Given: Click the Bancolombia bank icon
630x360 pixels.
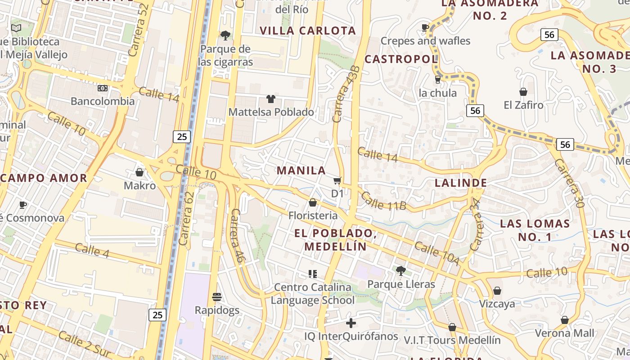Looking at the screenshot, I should [103, 88].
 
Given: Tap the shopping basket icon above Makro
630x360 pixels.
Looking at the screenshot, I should [139, 172].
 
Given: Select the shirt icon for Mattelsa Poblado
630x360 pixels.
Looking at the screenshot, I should [271, 99].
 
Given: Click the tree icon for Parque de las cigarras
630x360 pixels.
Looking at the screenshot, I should [225, 35].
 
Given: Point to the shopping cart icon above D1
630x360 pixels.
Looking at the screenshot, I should [337, 181].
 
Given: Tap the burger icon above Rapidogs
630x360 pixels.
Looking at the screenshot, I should [217, 297].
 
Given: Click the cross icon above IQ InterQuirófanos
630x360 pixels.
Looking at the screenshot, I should [351, 323].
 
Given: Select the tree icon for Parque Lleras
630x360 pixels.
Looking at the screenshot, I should [401, 271].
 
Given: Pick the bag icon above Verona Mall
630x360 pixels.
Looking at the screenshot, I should [565, 320].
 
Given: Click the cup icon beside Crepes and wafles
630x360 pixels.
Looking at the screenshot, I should [425, 28].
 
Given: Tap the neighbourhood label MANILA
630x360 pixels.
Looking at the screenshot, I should [301, 171].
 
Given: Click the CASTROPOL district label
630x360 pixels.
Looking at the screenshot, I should [401, 59].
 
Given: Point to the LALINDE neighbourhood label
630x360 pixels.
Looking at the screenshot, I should [461, 183].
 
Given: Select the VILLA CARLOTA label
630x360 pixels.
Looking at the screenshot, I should [308, 31].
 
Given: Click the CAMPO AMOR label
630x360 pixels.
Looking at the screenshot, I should [44, 178].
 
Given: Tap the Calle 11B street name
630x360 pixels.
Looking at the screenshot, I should [383, 201].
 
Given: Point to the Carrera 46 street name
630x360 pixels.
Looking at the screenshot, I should [237, 235].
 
